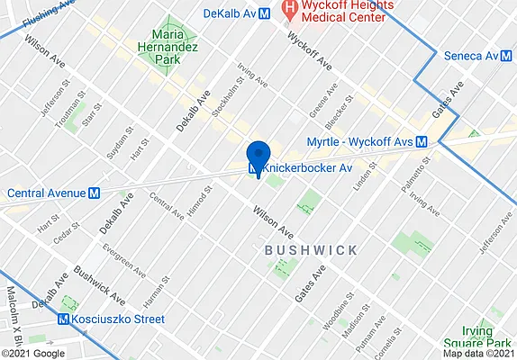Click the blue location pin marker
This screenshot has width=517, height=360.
click(258, 156)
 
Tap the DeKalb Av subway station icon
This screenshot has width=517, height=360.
click(265, 13)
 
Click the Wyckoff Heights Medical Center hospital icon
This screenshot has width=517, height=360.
click(290, 11)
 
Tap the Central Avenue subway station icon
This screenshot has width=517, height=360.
click(94, 193)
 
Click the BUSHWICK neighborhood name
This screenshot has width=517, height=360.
click(311, 249)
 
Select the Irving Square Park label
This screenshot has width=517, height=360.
click(477, 337)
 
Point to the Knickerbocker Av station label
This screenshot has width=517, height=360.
click(305, 167)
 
